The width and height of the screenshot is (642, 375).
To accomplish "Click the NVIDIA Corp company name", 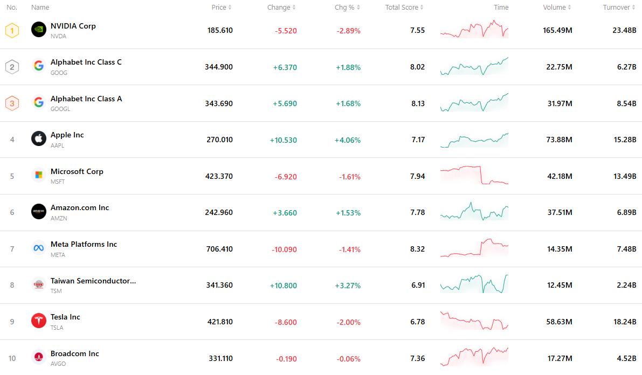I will click(x=73, y=26).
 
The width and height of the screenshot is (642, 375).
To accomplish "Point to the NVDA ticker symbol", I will click(x=58, y=36).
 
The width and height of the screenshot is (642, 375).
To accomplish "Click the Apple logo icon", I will click(x=39, y=139).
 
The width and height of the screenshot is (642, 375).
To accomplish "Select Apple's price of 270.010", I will click(x=219, y=140).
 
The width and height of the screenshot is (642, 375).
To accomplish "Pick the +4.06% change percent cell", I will click(x=348, y=140).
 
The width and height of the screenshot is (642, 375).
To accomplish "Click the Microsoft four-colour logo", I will click(x=39, y=175).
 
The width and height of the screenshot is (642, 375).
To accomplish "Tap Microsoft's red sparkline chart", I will click(x=474, y=176).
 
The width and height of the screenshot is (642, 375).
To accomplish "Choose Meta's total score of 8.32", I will click(x=417, y=249).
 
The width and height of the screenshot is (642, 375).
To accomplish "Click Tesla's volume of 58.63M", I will click(x=560, y=322).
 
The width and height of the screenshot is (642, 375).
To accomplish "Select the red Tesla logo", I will click(x=39, y=321).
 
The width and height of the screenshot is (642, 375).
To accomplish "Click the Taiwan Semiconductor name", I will click(x=93, y=281).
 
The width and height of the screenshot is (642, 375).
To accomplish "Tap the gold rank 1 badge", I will click(x=12, y=30).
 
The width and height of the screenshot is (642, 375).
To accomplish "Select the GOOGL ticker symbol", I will click(x=60, y=109).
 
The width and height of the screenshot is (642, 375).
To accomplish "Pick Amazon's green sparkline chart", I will click(x=474, y=212).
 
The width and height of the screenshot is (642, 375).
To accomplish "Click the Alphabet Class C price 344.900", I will click(x=219, y=67).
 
